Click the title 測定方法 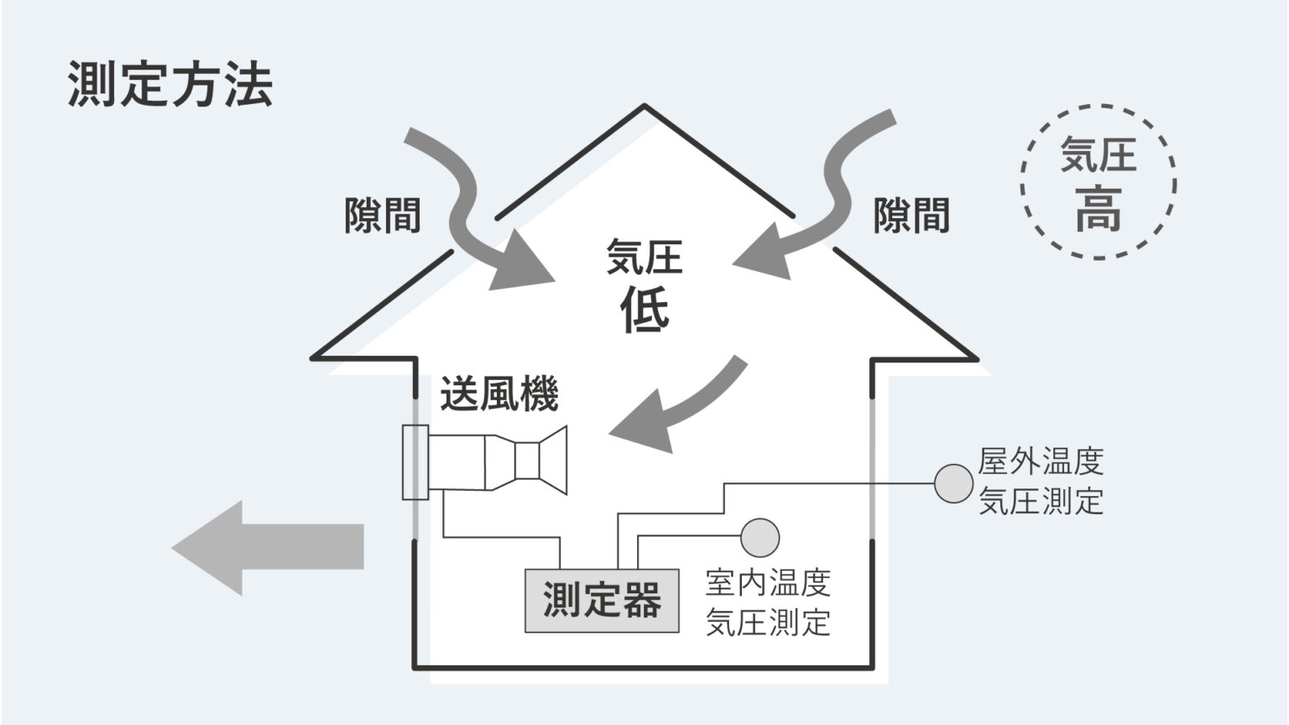tap(170, 85)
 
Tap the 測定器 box tap(601, 601)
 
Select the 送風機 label tap(498, 394)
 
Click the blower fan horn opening tap(554, 460)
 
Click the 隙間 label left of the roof tap(383, 216)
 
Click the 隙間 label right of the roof tap(911, 216)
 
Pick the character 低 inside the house tap(644, 310)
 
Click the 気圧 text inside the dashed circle tap(1099, 155)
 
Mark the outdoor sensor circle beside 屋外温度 tap(953, 484)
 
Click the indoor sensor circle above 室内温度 tap(760, 537)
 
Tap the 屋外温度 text tap(1041, 462)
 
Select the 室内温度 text tap(768, 582)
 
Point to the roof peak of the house tap(644, 107)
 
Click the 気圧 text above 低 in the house tap(644, 257)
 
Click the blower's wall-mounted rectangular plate tap(415, 462)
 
